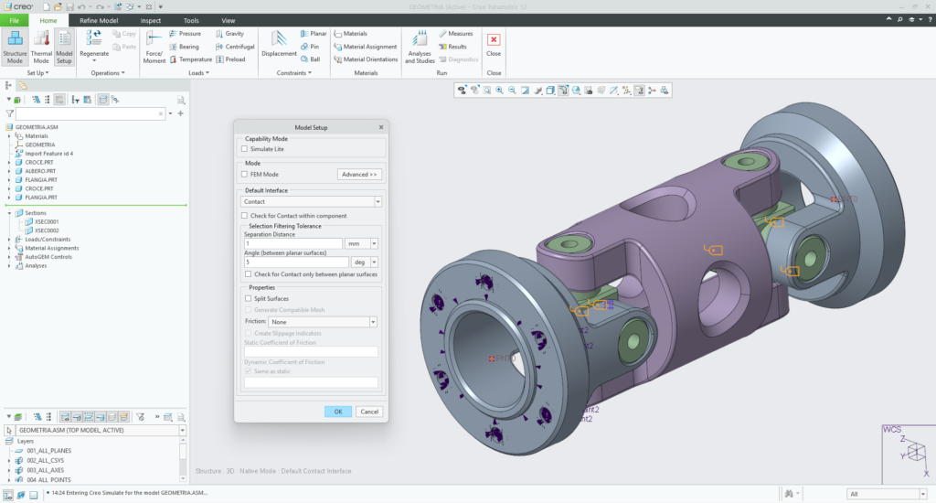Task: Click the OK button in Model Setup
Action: (337, 412)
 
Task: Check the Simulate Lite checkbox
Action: (245, 148)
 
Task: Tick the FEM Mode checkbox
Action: (245, 174)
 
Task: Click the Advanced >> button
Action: (359, 174)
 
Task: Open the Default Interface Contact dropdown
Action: (312, 201)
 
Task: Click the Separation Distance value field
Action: (292, 243)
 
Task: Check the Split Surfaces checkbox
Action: (249, 298)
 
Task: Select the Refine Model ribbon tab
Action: (98, 20)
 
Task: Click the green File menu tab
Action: (15, 20)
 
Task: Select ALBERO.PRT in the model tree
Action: (41, 171)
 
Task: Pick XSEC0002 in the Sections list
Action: (46, 230)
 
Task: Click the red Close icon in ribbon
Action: (494, 40)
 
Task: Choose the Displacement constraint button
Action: (279, 46)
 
